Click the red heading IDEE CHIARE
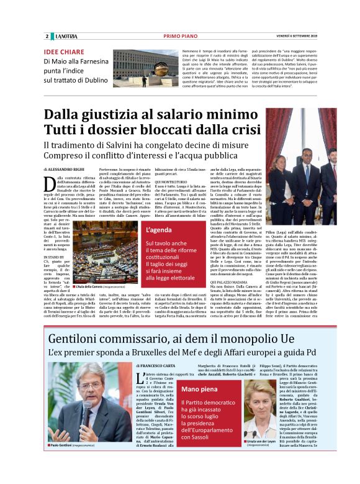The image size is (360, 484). (x=65, y=52)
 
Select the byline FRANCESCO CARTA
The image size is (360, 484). (x=161, y=367)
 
